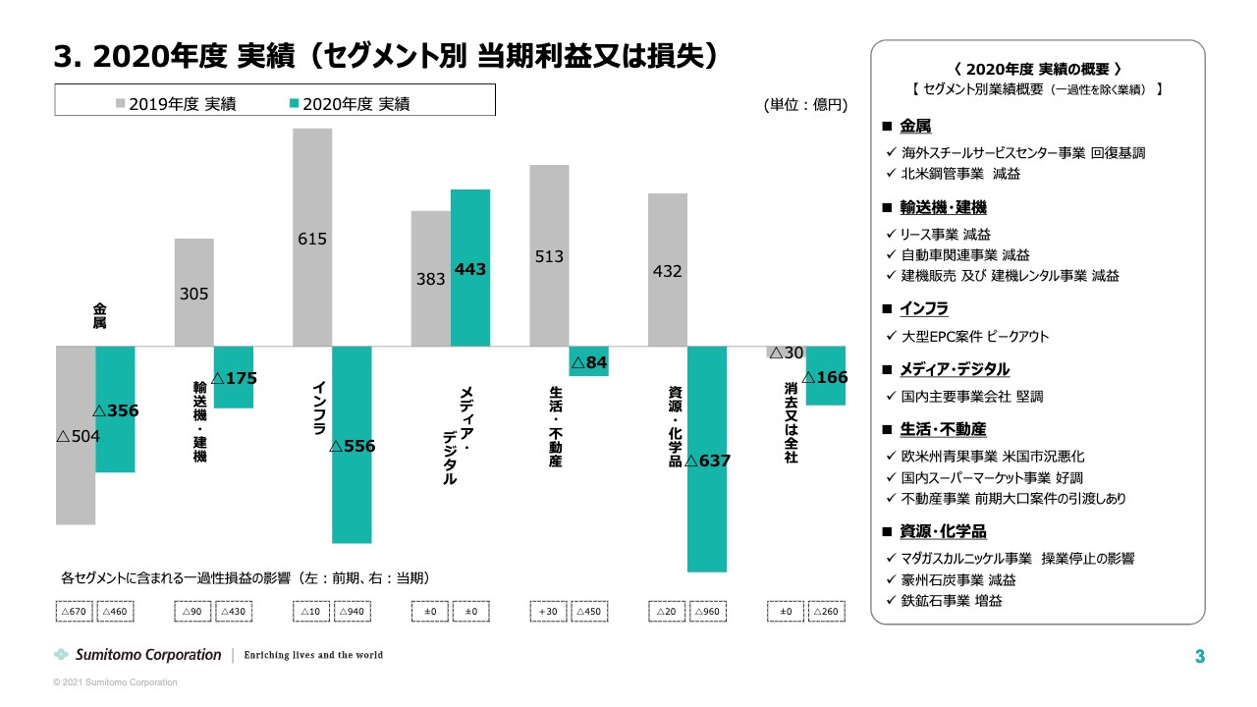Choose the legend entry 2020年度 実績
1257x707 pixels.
(351, 103)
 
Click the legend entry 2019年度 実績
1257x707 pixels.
(176, 103)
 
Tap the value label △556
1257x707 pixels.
(352, 446)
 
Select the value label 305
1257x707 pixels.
(194, 294)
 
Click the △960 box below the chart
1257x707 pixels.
(708, 612)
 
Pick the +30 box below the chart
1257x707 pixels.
(548, 612)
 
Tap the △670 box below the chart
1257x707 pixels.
(75, 612)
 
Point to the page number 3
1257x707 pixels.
(1199, 656)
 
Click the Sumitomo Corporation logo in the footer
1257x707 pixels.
(137, 655)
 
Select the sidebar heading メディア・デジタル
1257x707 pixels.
(954, 369)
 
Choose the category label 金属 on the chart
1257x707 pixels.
(100, 315)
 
